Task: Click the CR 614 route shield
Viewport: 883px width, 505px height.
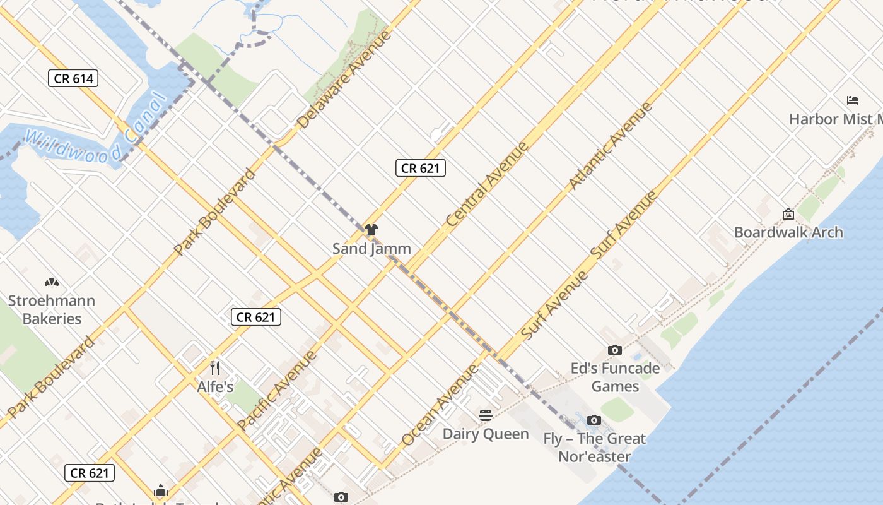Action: click(x=74, y=78)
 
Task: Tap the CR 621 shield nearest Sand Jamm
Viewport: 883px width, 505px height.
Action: click(x=421, y=168)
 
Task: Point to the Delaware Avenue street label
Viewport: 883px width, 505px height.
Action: click(x=344, y=80)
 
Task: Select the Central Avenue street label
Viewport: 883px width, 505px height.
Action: click(x=486, y=184)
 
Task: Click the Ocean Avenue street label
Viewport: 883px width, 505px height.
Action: click(x=440, y=405)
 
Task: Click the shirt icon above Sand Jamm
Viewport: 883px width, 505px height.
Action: click(x=371, y=230)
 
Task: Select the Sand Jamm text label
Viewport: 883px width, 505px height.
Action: click(x=371, y=249)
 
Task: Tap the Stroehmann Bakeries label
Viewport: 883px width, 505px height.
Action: click(x=52, y=309)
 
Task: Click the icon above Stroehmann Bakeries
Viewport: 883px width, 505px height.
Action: click(x=52, y=282)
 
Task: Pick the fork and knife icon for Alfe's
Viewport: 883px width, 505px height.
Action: click(x=216, y=368)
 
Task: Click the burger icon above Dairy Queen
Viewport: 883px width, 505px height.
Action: click(x=486, y=415)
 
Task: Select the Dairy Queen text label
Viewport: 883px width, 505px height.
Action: click(x=486, y=434)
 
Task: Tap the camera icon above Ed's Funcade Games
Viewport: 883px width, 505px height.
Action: click(x=615, y=350)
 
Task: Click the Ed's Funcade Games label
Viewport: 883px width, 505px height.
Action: click(x=615, y=377)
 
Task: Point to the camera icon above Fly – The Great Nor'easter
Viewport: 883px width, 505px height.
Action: click(x=594, y=420)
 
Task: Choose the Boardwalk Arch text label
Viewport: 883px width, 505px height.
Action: click(x=788, y=232)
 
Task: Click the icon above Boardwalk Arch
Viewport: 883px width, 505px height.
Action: click(x=788, y=214)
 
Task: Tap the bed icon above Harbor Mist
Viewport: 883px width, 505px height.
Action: click(x=853, y=100)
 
